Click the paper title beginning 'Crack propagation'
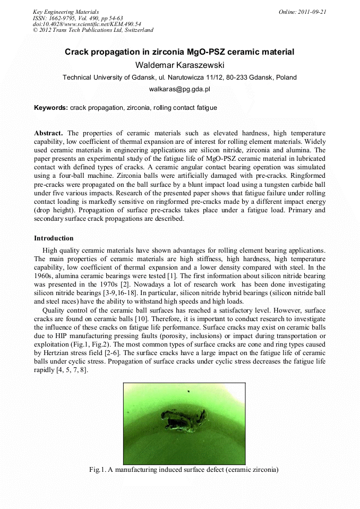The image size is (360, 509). [x=179, y=52]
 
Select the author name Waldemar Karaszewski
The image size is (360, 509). [x=179, y=65]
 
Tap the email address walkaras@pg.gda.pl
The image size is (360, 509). [x=179, y=90]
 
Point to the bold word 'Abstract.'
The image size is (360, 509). [x=49, y=133]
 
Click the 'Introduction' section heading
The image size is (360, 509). [x=54, y=238]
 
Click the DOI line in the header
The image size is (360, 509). [x=87, y=24]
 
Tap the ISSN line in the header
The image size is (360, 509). [x=78, y=18]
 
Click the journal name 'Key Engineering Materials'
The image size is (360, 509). [x=65, y=12]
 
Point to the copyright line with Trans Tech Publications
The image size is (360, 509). [x=93, y=30]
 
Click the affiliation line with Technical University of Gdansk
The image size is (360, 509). [x=179, y=77]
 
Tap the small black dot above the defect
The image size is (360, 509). [x=188, y=392]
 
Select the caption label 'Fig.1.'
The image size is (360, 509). [x=98, y=469]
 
